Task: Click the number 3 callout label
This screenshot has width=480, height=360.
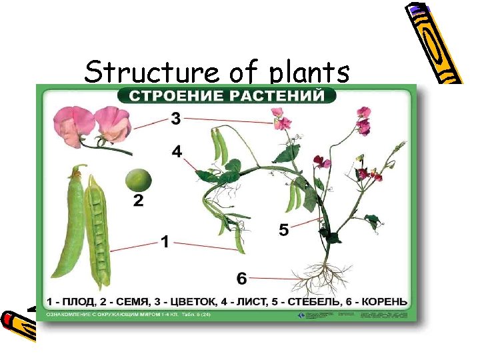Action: [x=176, y=119]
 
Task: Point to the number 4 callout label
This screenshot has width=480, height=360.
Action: [x=177, y=152]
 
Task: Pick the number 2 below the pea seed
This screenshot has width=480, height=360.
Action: [x=138, y=200]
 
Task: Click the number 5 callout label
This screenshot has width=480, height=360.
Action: [x=284, y=230]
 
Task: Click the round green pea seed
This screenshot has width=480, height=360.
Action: [x=138, y=179]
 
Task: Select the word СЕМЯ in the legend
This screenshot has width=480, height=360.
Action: [x=140, y=300]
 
